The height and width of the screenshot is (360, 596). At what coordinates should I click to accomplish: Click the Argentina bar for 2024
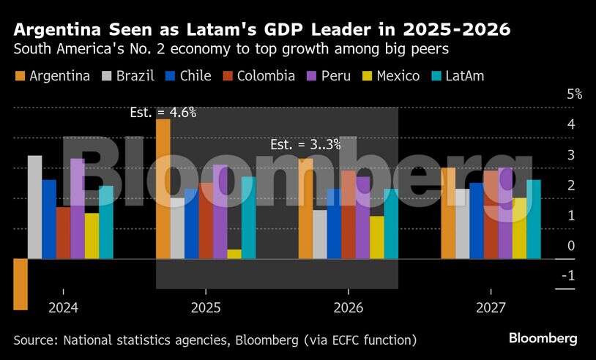point(21,284)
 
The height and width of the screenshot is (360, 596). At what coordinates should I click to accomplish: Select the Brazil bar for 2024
point(34,207)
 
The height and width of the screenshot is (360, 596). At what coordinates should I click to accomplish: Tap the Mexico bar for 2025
point(234,254)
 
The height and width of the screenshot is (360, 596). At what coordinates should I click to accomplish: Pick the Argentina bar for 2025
point(163,189)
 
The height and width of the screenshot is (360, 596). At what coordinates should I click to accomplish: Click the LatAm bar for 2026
point(391,224)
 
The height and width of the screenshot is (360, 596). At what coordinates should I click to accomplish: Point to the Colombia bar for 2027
point(491,214)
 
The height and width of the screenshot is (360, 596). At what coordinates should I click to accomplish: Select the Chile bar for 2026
point(334,224)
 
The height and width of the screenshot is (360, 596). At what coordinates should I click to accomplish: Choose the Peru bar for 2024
point(78,209)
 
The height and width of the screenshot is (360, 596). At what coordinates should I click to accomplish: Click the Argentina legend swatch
point(20,76)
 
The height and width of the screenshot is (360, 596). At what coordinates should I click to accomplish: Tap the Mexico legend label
point(398,76)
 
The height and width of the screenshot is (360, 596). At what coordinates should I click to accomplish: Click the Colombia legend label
point(267,76)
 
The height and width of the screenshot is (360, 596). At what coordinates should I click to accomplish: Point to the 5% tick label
point(574,94)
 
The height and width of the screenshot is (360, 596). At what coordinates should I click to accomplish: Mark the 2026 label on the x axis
point(349,308)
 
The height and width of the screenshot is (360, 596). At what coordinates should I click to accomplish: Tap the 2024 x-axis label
point(64,308)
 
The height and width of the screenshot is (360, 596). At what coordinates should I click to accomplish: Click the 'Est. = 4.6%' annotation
point(163,113)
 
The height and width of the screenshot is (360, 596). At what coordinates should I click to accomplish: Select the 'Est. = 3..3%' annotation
point(305,145)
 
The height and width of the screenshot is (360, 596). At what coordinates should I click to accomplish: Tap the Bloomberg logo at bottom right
point(543,338)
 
